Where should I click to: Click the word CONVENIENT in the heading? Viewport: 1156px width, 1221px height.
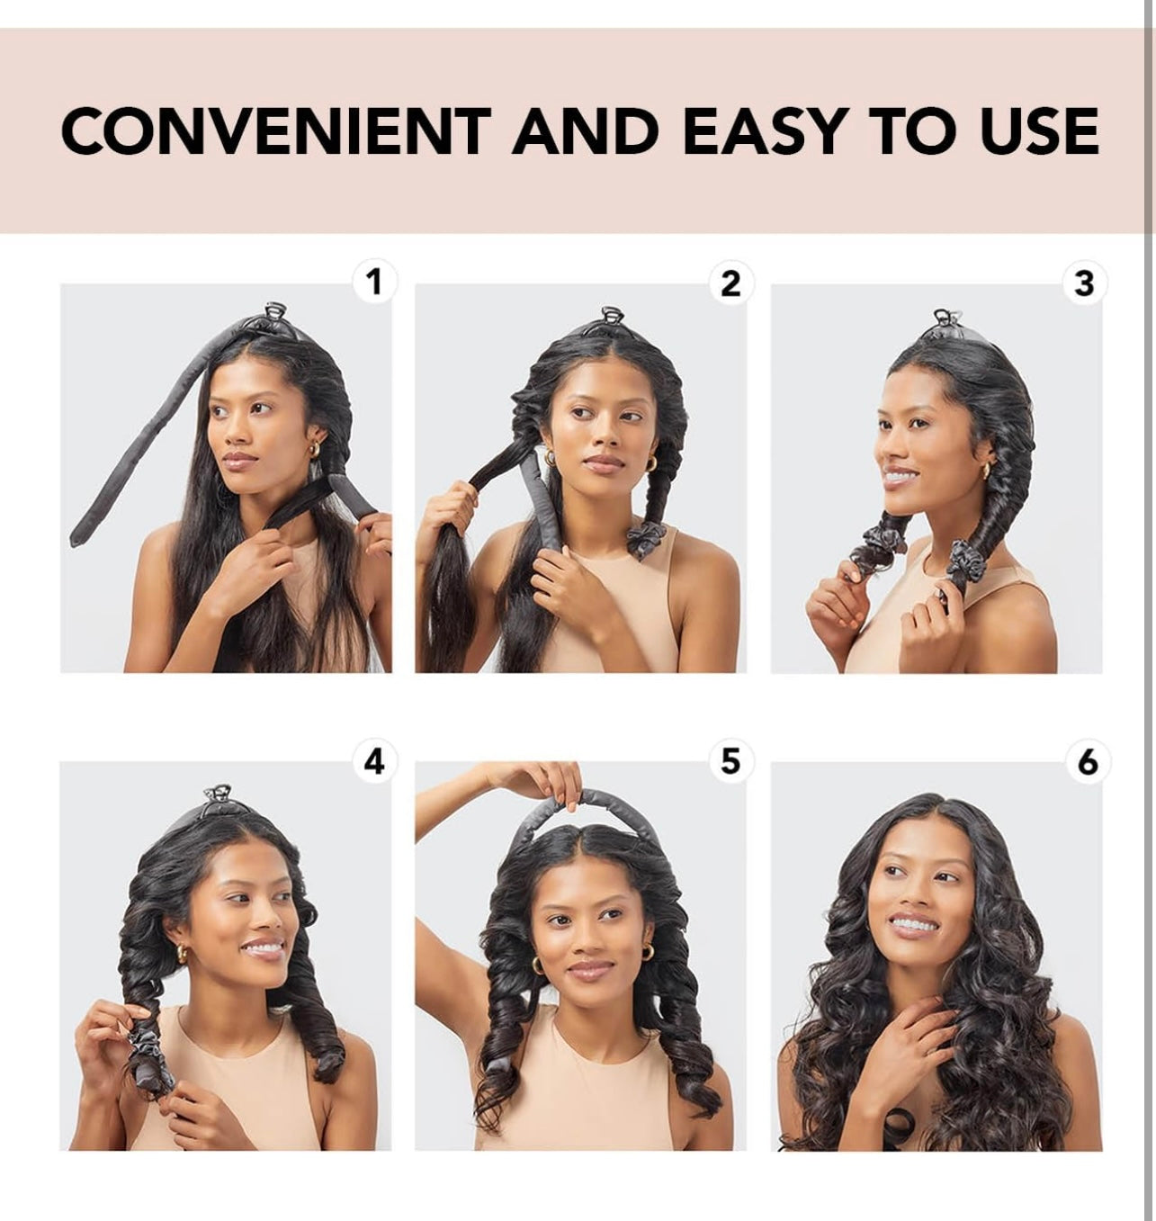tap(276, 130)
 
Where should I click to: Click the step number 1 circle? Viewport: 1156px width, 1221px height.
tap(374, 282)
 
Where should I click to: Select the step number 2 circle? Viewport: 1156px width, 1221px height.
tap(731, 283)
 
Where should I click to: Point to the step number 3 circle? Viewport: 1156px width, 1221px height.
tap(1084, 283)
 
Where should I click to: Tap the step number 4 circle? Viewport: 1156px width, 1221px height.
tap(374, 761)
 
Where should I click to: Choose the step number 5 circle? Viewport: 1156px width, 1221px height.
tap(731, 761)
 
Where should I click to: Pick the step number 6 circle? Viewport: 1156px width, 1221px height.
tap(1087, 761)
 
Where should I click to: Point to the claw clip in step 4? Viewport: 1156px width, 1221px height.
tap(218, 795)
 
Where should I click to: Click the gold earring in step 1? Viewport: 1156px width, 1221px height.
tap(314, 448)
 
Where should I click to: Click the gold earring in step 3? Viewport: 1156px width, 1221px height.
tap(985, 471)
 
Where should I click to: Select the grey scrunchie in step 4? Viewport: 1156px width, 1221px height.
tap(145, 1047)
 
